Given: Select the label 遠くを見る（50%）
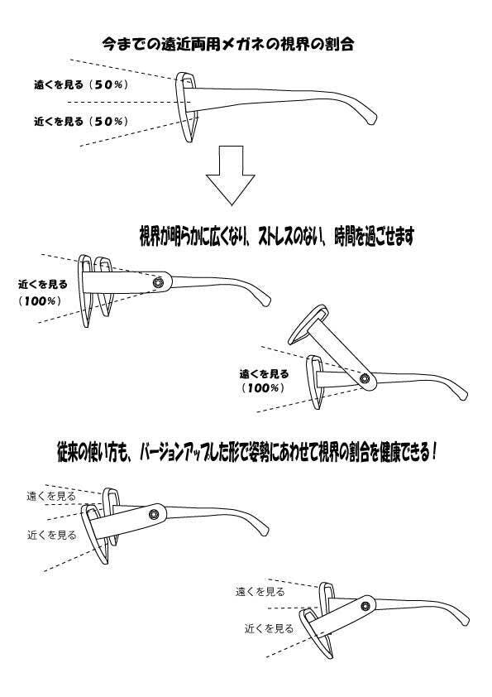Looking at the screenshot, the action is (81, 84).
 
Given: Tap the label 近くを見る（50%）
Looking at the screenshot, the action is (81, 121).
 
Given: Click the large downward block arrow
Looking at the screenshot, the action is (231, 175).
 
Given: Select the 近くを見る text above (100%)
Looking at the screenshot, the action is (43, 285).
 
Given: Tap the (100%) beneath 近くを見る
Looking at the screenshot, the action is (40, 301).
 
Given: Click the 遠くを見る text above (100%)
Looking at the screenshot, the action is (265, 374).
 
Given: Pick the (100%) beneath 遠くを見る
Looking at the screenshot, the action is (262, 388).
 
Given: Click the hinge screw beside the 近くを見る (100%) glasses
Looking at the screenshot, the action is (158, 281).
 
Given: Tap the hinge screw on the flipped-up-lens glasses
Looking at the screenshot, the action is (365, 379).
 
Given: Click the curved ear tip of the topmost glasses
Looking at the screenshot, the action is (371, 118).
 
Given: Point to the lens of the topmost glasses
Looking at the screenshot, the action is (187, 107).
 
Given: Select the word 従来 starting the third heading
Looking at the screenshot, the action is (68, 454).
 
